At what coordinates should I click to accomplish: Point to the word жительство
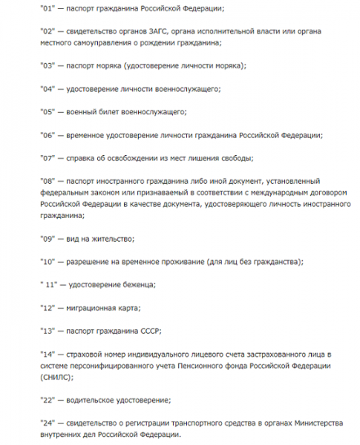[x=111, y=238]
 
